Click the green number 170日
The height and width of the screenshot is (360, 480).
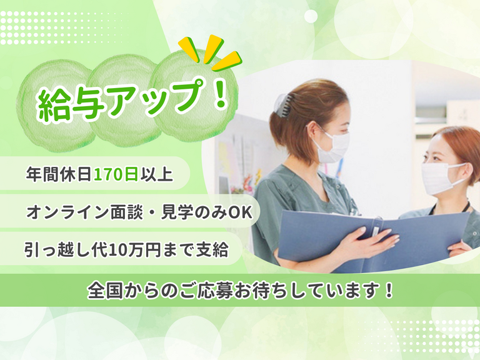coord(116,174)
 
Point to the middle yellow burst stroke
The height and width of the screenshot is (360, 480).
coord(212,47)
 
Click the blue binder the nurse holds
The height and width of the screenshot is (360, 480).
coord(373,239)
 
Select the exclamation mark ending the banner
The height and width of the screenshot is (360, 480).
coord(389,289)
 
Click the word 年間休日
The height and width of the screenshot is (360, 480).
coord(59,174)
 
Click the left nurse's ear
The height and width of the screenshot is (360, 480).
coord(310,132)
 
